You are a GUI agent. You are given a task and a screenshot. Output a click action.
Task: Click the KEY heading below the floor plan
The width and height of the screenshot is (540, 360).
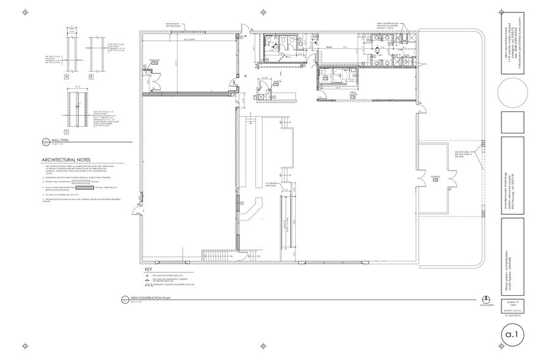tap(147, 269)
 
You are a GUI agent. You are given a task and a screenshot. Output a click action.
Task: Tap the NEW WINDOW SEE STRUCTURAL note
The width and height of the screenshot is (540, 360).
tap(172, 24)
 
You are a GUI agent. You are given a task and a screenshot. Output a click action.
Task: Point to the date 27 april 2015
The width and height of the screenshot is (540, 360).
tap(513, 317)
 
